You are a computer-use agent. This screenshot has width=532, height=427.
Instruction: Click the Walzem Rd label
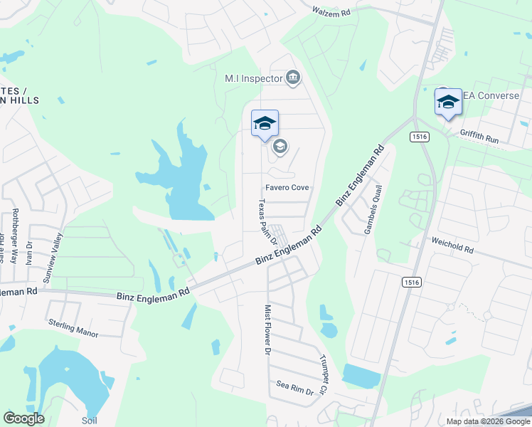pyautogui.click(x=332, y=11)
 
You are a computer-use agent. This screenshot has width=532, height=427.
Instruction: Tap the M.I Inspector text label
pyautogui.click(x=254, y=78)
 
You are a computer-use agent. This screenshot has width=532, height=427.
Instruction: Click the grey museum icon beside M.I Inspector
pyautogui.click(x=293, y=78)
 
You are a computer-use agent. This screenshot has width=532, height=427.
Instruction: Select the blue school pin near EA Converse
pyautogui.click(x=448, y=102)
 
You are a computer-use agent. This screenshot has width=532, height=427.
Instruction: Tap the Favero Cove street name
pyautogui.click(x=287, y=188)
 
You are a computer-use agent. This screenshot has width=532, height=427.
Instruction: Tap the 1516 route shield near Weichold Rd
pyautogui.click(x=412, y=283)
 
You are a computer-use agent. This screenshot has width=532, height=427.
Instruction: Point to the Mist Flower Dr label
pyautogui.click(x=268, y=330)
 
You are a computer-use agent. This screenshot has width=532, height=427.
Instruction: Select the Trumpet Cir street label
pyautogui.click(x=322, y=375)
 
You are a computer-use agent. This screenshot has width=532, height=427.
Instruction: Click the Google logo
pyautogui.click(x=24, y=418)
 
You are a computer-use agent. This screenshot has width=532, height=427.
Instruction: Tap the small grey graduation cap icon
pyautogui.click(x=280, y=147)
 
